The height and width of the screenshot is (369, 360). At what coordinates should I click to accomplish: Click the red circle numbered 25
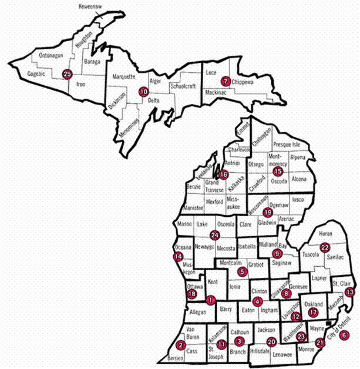67,74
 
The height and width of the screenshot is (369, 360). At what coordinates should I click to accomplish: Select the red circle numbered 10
143,92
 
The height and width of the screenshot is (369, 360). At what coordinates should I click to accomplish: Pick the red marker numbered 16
223,174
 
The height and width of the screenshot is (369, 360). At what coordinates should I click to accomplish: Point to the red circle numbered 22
325,247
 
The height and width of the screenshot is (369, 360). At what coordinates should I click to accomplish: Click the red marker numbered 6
344,335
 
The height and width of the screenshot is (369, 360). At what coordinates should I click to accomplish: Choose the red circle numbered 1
210,300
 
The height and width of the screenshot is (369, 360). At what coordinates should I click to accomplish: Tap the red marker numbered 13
350,292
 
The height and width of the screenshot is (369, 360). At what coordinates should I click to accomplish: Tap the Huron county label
325,233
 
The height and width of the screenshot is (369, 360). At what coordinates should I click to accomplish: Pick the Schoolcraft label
183,86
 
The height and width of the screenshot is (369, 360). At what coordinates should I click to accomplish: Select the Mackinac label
218,93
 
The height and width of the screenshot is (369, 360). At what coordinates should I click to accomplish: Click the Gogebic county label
38,74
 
